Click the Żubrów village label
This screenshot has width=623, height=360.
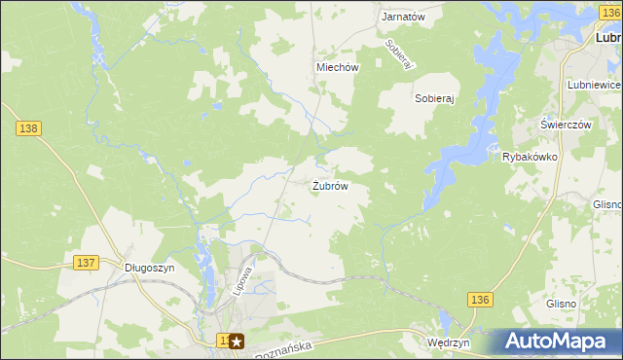[x=330, y=185]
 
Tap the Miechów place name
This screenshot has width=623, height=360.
[x=338, y=67]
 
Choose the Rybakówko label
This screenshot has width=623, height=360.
[x=529, y=157]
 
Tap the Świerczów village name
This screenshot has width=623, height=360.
[x=567, y=126]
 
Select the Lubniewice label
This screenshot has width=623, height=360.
[x=594, y=85]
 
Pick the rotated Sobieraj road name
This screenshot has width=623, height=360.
[x=399, y=54]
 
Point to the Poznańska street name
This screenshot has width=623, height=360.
[x=281, y=347]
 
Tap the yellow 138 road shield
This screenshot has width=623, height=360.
[x=28, y=127]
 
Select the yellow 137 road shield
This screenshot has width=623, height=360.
[x=86, y=263]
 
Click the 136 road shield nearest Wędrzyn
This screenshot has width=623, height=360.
[x=477, y=300]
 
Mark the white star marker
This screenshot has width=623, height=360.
[x=236, y=342]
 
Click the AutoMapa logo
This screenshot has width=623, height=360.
[x=558, y=341]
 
